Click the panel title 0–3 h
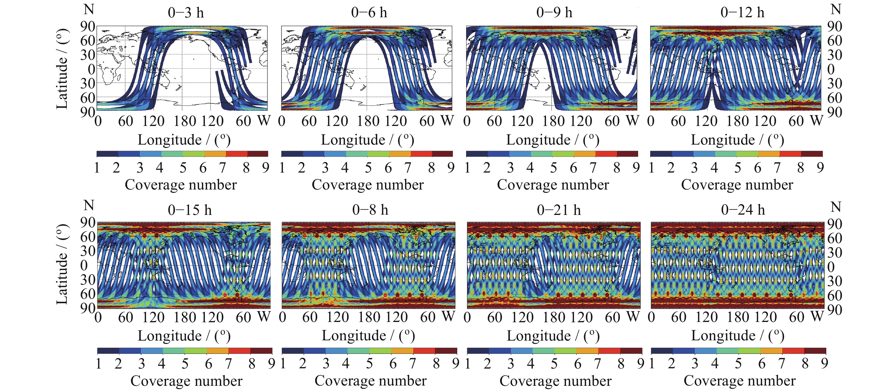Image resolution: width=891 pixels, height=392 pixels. pos(186,13)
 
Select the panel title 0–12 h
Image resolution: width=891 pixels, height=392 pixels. pos(742,13)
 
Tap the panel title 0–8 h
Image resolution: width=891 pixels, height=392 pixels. pos(370,210)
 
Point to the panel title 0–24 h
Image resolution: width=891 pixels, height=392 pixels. pos(743,210)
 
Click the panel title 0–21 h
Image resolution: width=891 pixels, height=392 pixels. pos(559,210)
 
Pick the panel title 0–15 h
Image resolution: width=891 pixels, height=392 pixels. pos(190,210)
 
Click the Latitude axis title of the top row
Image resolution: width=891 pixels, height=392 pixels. pos(62,69)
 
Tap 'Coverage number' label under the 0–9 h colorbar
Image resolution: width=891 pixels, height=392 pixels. pos(553,185)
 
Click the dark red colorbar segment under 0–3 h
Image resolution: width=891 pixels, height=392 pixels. pos(258,154)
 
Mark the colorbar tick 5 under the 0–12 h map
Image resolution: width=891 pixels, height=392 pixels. pos(737,168)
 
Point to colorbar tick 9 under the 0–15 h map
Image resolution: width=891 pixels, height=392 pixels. pos(272,364)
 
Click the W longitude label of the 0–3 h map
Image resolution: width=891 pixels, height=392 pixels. pos(264,121)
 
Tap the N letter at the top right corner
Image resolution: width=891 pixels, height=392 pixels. pos(836,9)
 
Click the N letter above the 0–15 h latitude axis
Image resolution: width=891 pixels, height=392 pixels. pos(89,206)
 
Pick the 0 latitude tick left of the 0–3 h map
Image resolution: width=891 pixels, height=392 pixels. pos(91,69)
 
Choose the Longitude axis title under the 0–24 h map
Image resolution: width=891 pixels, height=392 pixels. pos(737,336)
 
